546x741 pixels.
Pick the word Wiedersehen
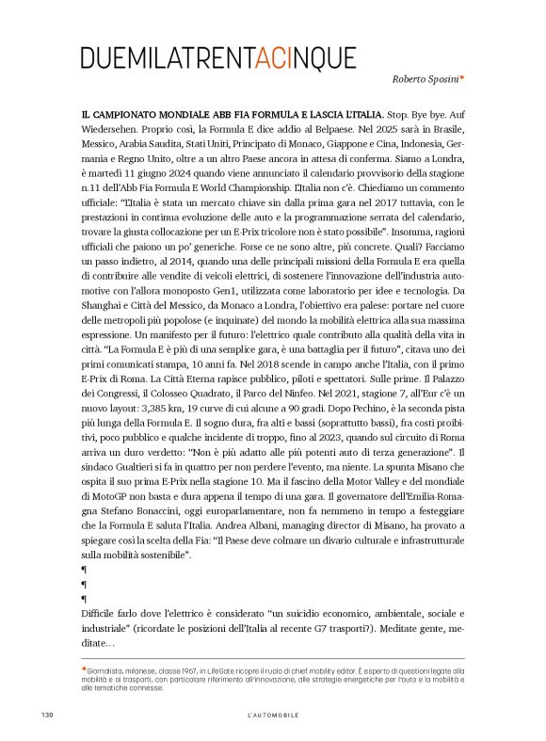point(114,131)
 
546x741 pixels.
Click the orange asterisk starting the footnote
point(84,669)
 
